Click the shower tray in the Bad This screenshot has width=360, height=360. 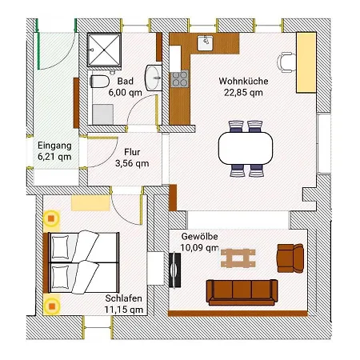104,50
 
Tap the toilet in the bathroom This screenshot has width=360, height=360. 99,82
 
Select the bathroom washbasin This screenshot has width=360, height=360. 154,78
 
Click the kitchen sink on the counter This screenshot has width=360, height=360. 205,43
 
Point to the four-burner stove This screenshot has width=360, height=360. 179,79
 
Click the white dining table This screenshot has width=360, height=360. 246,148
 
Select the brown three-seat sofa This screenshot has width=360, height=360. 242,292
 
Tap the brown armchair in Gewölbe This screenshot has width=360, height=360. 290,258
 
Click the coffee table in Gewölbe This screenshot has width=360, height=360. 238,258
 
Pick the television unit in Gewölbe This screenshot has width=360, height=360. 174,270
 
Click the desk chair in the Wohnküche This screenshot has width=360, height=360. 286,62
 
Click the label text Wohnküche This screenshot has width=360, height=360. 243,81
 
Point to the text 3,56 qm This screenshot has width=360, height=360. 132,163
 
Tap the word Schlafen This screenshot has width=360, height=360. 123,298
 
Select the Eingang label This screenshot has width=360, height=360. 54,146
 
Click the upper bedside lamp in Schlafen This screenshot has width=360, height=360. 51,218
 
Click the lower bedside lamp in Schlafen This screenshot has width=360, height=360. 52,306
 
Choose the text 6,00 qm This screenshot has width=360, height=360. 126,93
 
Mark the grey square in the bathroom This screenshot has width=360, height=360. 103,114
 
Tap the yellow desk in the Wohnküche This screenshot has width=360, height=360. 306,62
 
